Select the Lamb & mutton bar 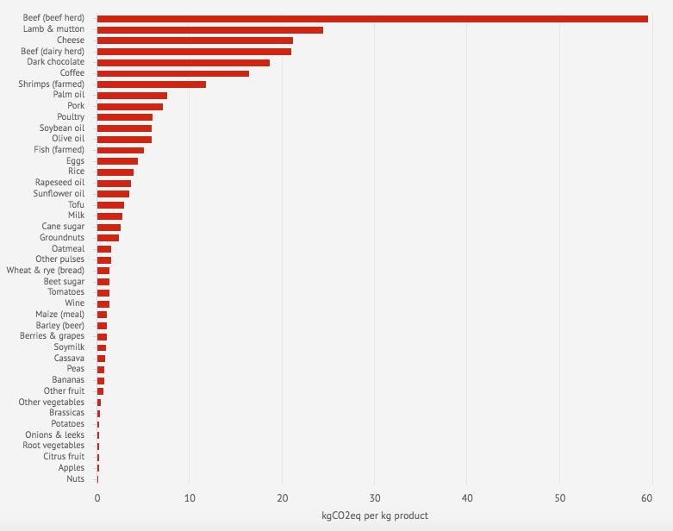tap(210, 29)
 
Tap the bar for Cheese tap(195, 41)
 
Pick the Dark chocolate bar tap(184, 62)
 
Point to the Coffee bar tap(173, 73)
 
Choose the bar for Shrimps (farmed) tap(152, 84)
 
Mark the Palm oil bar tap(132, 96)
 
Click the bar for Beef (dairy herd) tap(194, 52)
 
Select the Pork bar tap(130, 106)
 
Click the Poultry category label tap(71, 117)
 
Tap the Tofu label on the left tap(76, 205)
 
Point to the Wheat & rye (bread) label tap(46, 271)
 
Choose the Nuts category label tap(76, 479)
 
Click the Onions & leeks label tap(55, 435)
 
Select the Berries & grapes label tap(53, 336)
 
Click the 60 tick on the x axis tap(651, 497)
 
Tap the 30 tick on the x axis tap(374, 497)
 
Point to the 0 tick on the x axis tap(97, 497)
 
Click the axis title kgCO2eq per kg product tap(374, 515)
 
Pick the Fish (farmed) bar tap(121, 150)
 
